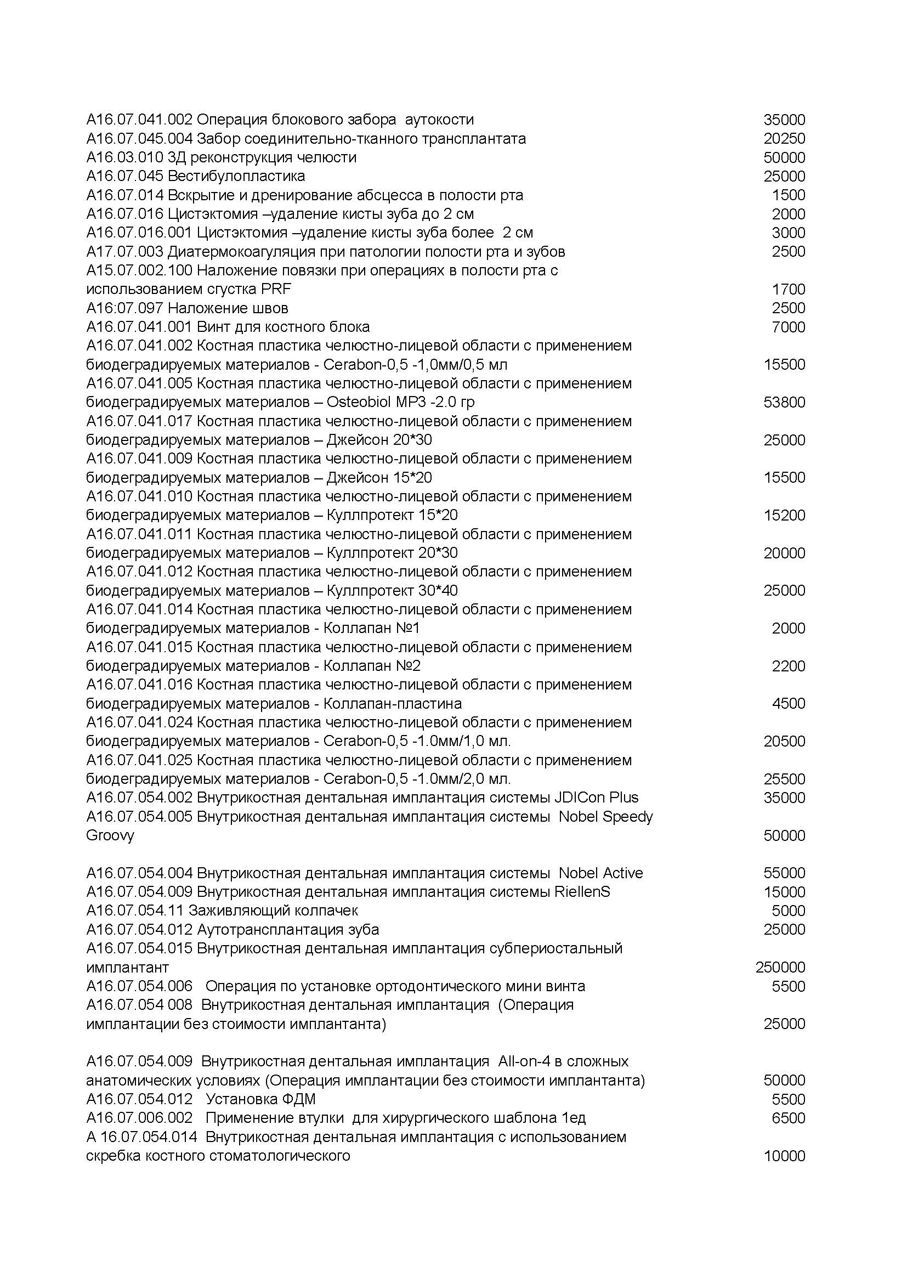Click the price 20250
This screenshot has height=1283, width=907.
(x=784, y=139)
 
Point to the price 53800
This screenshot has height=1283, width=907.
(x=784, y=402)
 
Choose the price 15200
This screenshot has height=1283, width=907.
(x=784, y=515)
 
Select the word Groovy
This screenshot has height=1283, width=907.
(x=110, y=835)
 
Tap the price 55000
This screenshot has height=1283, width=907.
(x=784, y=873)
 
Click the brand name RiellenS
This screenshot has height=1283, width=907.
(x=582, y=892)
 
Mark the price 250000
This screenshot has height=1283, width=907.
(x=780, y=967)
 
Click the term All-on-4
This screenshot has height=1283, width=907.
(x=521, y=1061)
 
